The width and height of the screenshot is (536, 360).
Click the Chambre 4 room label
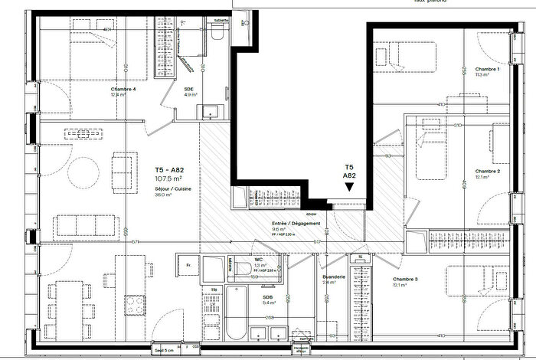[123, 90]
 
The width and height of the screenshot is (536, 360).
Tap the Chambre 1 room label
[487, 69]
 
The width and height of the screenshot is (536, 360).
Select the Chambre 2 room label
[487, 171]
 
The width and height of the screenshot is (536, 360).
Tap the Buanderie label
[335, 277]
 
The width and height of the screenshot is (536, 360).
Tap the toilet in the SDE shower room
[217, 32]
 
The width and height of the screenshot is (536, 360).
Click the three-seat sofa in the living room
[84, 224]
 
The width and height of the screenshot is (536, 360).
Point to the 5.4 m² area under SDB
[269, 303]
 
